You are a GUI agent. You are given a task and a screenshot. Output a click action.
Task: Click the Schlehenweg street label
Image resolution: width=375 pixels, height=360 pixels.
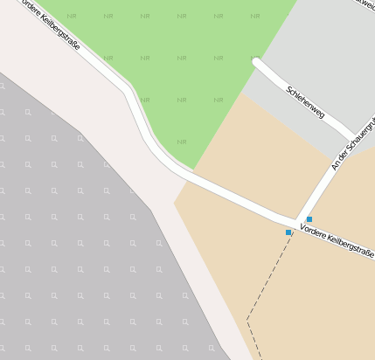(305, 101)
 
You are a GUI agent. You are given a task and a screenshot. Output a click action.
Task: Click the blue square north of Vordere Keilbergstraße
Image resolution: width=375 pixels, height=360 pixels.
(309, 218)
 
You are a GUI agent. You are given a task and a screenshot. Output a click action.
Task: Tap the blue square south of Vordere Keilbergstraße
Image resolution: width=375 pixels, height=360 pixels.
(288, 232)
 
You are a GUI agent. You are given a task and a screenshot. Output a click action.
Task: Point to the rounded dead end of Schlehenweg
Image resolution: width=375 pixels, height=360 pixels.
(257, 62)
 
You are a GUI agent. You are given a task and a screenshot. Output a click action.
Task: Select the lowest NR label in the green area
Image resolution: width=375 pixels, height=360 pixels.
(182, 142)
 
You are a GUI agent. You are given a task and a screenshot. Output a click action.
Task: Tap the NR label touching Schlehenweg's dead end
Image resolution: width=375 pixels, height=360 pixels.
(254, 58)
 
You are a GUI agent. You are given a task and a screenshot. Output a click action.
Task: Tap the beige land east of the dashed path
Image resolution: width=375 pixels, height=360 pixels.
(323, 306)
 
